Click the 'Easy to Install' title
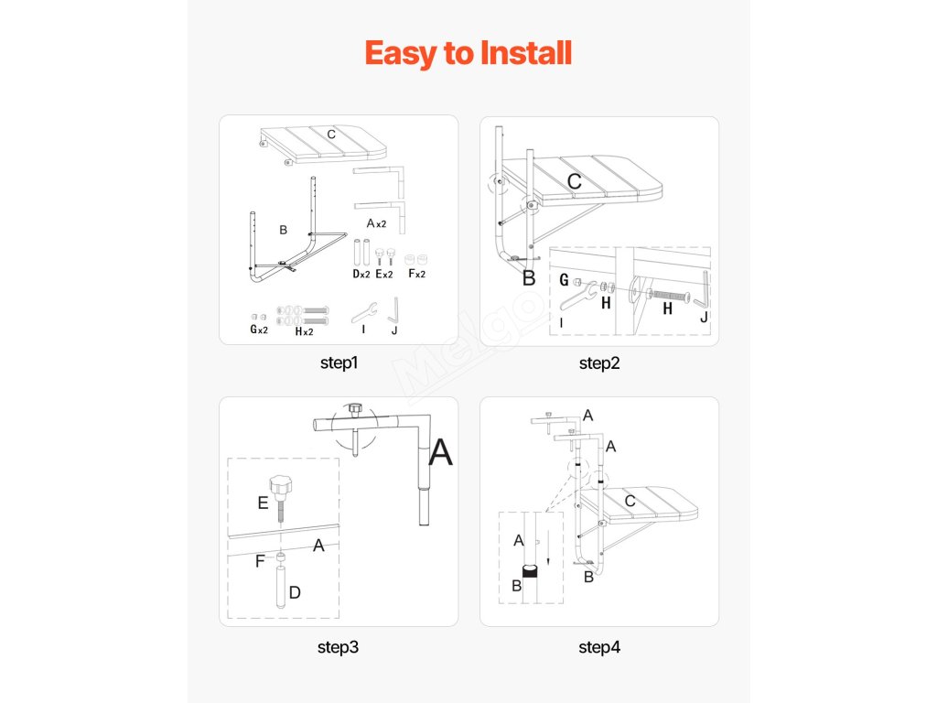coord(468,53)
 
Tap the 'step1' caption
coord(339,362)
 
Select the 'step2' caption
coord(599,362)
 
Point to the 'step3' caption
coord(339,647)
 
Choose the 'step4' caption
coord(599,647)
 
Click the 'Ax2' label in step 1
coord(376,223)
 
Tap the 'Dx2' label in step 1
coord(361,274)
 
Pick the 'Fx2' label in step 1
coord(416,273)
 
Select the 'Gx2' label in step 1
coord(259,330)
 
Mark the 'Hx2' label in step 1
coord(304,331)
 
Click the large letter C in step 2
coord(575,181)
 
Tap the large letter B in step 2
coord(529,278)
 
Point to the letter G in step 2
coord(564,280)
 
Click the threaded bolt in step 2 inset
coord(669,296)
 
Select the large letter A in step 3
coord(441,452)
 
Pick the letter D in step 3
coord(295,592)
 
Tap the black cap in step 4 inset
coord(530,571)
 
